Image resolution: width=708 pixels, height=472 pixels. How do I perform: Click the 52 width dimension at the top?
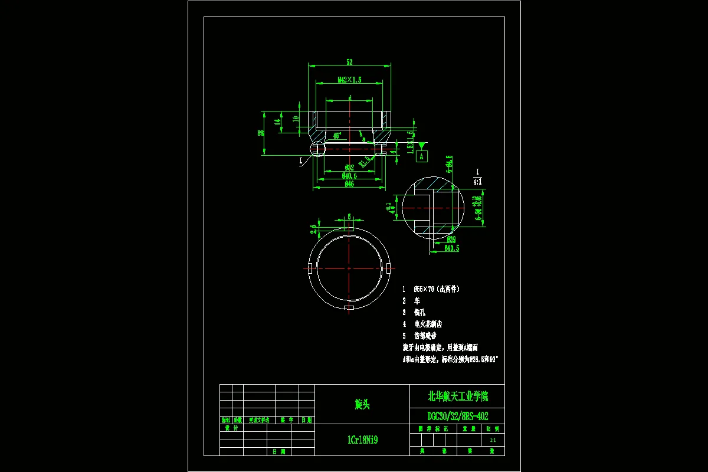(349, 61)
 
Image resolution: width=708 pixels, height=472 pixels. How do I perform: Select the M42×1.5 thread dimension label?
(349, 79)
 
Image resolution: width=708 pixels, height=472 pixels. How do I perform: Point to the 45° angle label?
(337, 136)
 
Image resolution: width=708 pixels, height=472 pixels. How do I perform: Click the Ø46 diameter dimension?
(349, 184)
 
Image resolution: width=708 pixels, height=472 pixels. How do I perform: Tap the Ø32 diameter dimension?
(349, 168)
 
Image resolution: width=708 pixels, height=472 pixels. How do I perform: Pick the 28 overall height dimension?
(260, 133)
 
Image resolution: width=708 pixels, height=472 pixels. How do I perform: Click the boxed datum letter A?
(421, 156)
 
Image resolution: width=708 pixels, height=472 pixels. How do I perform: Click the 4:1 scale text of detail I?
(477, 182)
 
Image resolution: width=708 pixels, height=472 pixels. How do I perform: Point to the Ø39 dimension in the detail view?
(451, 239)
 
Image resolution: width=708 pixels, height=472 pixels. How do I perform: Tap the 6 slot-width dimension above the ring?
(349, 216)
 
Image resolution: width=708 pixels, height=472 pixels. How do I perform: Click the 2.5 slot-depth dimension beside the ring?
(314, 225)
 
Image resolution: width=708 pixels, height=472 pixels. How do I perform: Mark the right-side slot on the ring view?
(388, 268)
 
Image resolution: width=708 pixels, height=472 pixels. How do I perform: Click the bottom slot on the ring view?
(349, 307)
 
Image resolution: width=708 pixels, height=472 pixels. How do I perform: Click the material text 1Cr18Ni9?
(362, 440)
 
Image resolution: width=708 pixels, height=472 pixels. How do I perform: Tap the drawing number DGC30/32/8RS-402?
(457, 416)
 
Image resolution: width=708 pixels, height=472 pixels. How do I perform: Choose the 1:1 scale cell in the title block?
(493, 440)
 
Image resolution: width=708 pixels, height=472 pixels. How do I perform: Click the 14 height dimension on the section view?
(278, 122)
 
